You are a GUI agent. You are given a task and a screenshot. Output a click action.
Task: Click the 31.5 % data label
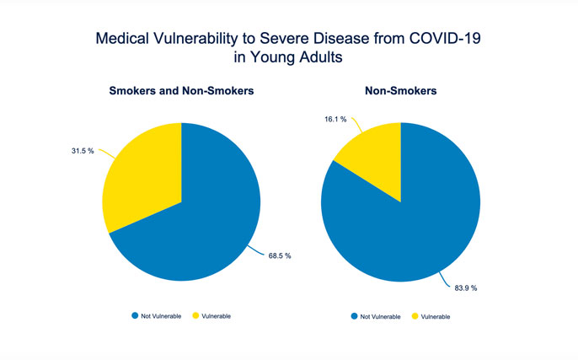tap(82, 152)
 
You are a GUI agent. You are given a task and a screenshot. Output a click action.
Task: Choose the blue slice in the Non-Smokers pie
tap(413, 223)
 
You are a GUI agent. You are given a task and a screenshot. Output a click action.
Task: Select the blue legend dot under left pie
tap(135, 315)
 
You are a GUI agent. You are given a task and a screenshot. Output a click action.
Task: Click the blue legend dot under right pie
tap(354, 316)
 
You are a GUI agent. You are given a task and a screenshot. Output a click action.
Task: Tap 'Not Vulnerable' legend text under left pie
tap(162, 315)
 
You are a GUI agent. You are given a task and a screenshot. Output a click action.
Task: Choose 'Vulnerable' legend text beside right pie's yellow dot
tap(436, 316)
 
